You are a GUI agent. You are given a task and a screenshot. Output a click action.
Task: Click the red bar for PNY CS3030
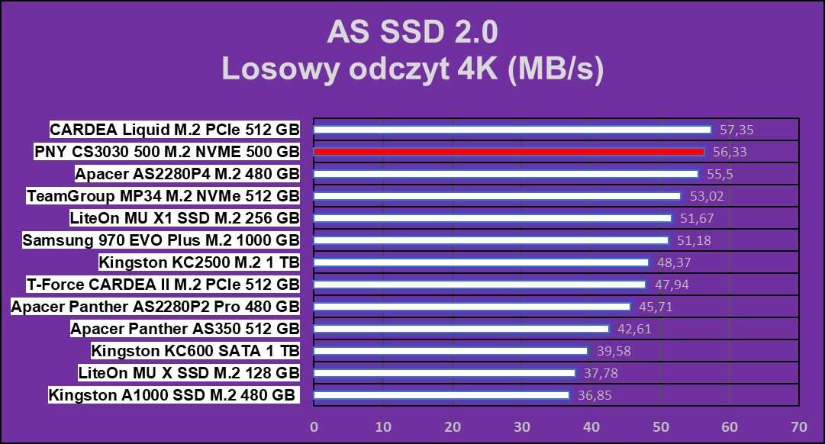[509, 152]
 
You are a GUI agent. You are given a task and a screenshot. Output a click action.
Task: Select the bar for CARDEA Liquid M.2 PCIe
[512, 130]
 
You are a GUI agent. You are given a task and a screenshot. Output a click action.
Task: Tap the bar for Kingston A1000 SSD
[441, 395]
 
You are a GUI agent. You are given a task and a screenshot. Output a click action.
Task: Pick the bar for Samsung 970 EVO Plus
[491, 240]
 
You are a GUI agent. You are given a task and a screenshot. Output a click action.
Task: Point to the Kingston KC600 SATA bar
[450, 351]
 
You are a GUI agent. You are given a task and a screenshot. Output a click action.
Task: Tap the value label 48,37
[671, 262]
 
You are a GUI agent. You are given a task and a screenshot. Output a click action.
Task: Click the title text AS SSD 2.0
[412, 33]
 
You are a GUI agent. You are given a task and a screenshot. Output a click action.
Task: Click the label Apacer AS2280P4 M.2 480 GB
[187, 174]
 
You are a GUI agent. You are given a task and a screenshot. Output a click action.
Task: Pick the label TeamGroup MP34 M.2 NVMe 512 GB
[163, 196]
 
